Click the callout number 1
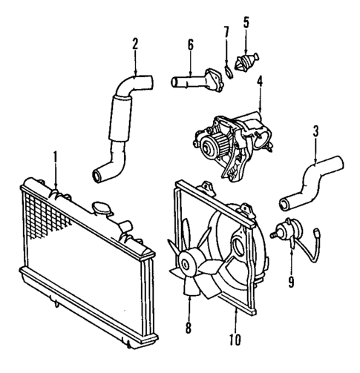pos(55,156)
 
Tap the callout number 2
pos(135,43)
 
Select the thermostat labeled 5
pos(248,59)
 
